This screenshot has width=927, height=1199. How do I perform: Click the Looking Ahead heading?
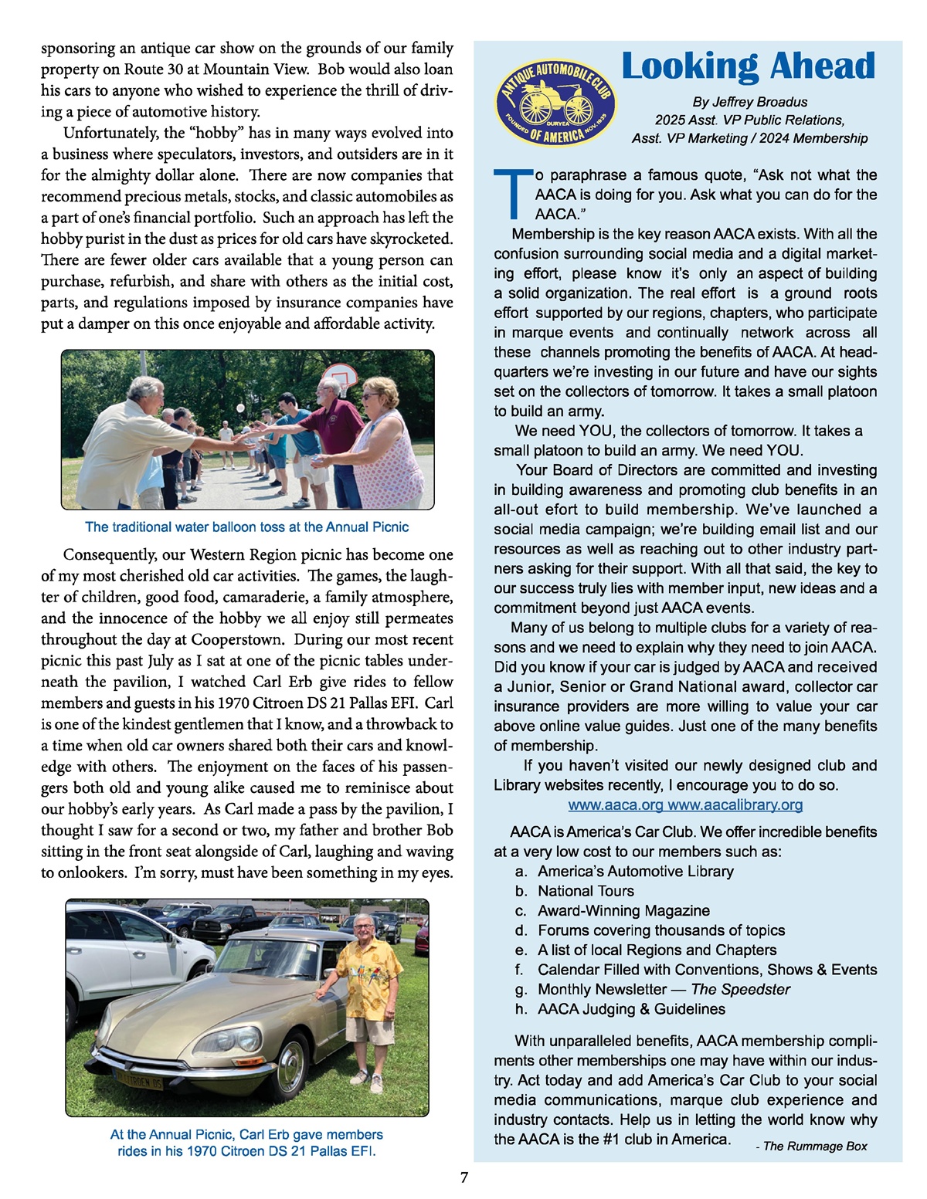(748, 66)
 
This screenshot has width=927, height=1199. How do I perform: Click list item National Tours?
(586, 891)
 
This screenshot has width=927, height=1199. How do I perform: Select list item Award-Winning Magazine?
(623, 911)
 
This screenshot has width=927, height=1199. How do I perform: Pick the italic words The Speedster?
(740, 990)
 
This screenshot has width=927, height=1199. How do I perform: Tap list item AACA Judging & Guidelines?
(631, 1009)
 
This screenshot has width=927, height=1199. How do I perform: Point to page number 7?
(464, 1177)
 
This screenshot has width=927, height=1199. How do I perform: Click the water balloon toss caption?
(246, 527)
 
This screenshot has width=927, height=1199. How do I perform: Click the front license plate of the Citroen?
(140, 1079)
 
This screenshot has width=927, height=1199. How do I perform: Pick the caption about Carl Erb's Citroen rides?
(246, 1143)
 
